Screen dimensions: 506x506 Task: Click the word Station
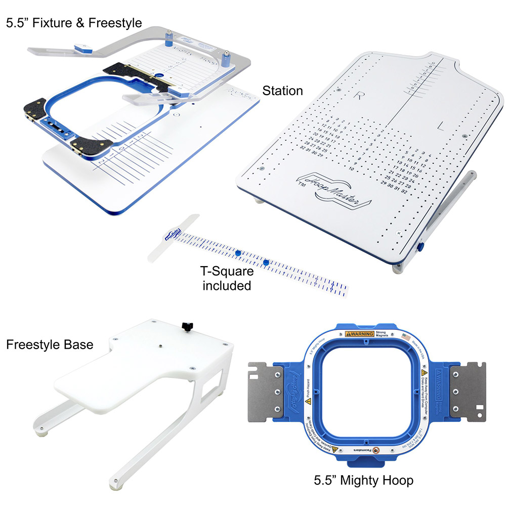(282, 91)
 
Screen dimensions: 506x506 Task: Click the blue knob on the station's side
(421, 246)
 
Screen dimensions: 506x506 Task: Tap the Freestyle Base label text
(50, 345)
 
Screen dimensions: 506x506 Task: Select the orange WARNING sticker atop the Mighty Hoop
(359, 334)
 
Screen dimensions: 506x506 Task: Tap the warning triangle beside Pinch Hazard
(308, 401)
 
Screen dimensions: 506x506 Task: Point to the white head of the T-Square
(172, 235)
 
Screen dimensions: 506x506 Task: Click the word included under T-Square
(227, 285)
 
